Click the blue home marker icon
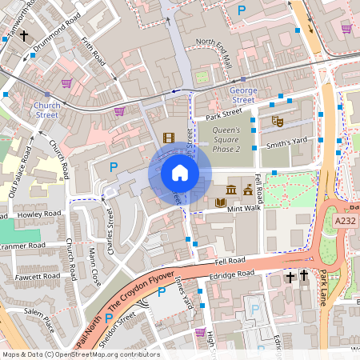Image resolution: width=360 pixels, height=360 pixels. (x=180, y=174)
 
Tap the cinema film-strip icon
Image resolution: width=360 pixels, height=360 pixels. (x=168, y=138)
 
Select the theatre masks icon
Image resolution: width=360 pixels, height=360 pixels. (x=278, y=121)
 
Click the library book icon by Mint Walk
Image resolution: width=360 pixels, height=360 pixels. (x=221, y=202)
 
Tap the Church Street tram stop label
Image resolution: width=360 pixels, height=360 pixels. (x=46, y=110)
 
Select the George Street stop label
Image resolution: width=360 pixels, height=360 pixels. (x=242, y=95)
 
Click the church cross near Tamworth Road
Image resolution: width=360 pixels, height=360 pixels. (x=25, y=36)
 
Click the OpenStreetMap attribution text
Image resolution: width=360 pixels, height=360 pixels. (x=81, y=354)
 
